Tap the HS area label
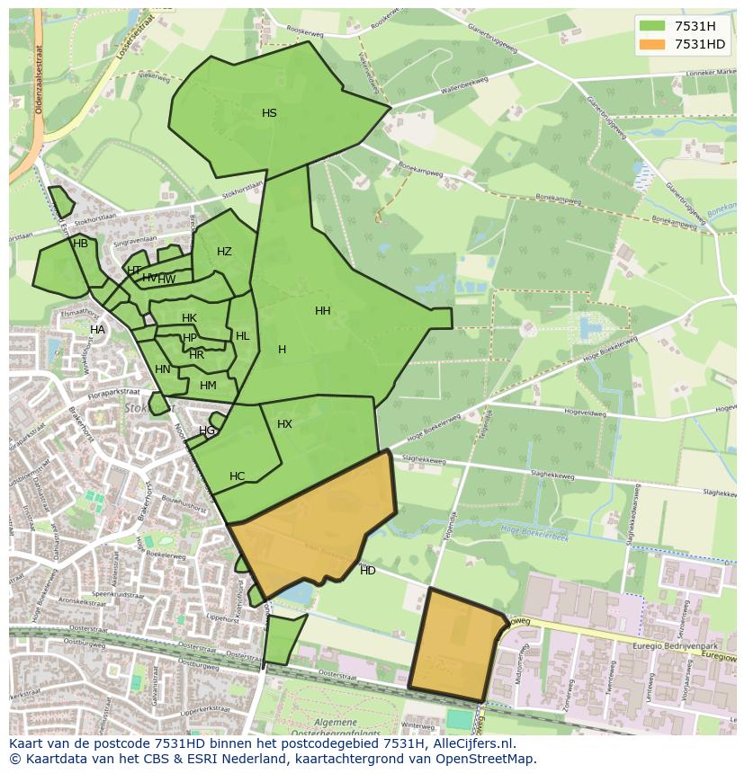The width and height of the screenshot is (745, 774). click(269, 113)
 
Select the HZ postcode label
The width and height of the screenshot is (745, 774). click(224, 252)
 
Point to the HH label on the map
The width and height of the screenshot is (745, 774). click(322, 311)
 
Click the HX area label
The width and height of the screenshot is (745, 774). click(284, 424)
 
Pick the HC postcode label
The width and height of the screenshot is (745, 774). click(237, 476)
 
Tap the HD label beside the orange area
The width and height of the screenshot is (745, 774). click(367, 571)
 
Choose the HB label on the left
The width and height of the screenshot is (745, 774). click(80, 244)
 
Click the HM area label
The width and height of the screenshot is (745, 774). click(208, 386)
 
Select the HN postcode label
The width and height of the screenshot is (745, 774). click(162, 369)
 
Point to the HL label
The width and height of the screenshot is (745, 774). click(242, 336)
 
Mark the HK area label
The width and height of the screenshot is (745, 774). click(189, 318)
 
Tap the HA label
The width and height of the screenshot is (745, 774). click(97, 330)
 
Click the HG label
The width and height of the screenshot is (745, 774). click(207, 431)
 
